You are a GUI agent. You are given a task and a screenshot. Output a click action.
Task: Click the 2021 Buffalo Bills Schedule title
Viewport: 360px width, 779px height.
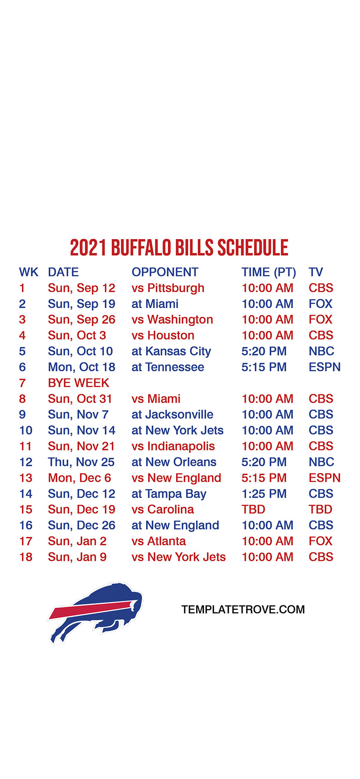click(x=179, y=248)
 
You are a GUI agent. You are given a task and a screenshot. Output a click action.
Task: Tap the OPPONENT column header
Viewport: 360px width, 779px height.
click(x=165, y=272)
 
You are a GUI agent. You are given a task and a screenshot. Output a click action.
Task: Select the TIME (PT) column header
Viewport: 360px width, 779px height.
click(x=269, y=273)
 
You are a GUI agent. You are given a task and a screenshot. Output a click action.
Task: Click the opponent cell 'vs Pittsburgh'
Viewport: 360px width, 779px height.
click(x=168, y=288)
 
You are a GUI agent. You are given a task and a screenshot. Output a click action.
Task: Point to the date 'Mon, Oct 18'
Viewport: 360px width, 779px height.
click(x=82, y=367)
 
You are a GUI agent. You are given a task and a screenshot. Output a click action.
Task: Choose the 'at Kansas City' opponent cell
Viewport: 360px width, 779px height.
click(x=171, y=352)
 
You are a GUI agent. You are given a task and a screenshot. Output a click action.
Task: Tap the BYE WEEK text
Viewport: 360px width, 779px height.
click(x=79, y=383)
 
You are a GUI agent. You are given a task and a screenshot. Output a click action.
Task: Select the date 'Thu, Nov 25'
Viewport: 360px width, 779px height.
click(x=81, y=462)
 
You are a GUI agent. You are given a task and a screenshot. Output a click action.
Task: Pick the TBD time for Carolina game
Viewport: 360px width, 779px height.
click(x=253, y=509)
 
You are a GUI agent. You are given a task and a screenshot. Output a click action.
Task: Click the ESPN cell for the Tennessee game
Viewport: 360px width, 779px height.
click(x=324, y=367)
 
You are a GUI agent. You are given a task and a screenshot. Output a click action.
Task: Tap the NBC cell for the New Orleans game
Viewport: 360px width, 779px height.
click(x=321, y=462)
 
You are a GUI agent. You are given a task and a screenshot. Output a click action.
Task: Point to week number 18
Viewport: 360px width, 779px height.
click(x=26, y=557)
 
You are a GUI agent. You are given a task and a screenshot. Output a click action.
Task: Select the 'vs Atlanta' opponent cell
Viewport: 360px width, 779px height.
click(x=159, y=541)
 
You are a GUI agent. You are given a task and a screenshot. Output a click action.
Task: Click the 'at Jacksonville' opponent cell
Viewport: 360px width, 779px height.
click(x=173, y=415)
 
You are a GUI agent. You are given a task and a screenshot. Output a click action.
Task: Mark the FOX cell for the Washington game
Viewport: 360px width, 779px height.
click(x=320, y=320)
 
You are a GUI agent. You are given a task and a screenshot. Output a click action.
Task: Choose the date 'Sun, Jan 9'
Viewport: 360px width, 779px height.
click(x=77, y=557)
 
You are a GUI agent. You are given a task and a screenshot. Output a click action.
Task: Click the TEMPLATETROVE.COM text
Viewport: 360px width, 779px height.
click(x=243, y=609)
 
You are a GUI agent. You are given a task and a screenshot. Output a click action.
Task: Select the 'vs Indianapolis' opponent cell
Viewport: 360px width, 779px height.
click(x=173, y=446)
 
